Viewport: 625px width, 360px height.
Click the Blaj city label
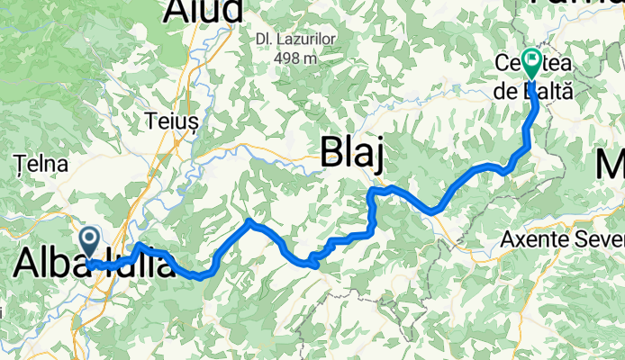pyautogui.click(x=354, y=155)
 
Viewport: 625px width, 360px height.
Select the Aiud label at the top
pyautogui.click(x=204, y=11)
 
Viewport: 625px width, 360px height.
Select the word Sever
pyautogui.click(x=597, y=240)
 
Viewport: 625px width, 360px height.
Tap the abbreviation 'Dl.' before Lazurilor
pyautogui.click(x=264, y=39)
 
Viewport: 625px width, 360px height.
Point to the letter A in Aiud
pyautogui.click(x=177, y=11)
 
